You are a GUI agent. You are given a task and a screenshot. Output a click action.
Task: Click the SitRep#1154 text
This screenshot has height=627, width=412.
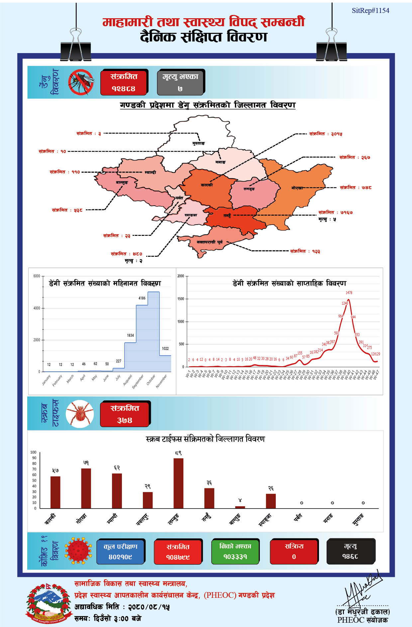pyautogui.click(x=370, y=11)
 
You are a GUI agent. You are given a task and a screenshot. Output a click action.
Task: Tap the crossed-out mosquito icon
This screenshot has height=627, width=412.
pyautogui.click(x=81, y=82)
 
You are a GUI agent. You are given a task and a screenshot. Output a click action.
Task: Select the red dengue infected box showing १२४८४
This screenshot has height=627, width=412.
pyautogui.click(x=124, y=83)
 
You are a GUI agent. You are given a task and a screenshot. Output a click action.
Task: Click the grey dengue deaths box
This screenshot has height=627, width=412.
pyautogui.click(x=180, y=83)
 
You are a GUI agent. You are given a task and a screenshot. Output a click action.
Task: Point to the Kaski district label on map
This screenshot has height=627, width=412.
pyautogui.click(x=206, y=185)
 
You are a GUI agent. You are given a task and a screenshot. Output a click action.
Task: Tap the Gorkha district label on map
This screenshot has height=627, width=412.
pyautogui.click(x=297, y=188)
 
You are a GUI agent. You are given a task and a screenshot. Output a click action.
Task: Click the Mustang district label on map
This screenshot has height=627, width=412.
pyautogui.click(x=198, y=143)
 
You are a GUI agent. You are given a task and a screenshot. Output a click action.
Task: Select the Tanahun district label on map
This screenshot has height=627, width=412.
pyautogui.click(x=227, y=216)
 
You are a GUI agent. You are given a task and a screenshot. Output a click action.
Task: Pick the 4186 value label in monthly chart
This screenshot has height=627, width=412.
pyautogui.click(x=142, y=298)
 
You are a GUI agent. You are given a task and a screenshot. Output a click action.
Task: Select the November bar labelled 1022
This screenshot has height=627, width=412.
pyautogui.click(x=165, y=363)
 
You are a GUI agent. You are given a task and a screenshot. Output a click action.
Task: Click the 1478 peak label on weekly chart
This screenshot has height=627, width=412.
pyautogui.click(x=349, y=293)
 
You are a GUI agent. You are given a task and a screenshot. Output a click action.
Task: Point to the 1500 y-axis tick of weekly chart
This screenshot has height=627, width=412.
pyautogui.click(x=181, y=299)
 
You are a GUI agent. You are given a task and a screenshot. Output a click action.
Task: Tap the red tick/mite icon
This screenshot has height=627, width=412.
pyautogui.click(x=80, y=414)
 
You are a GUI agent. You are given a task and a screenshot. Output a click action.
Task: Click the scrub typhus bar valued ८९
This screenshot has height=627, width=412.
pyautogui.click(x=178, y=483)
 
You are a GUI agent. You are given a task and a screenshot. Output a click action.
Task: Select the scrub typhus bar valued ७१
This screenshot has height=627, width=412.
pyautogui.click(x=86, y=488)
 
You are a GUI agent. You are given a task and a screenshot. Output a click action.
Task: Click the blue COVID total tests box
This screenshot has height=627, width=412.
pyautogui.click(x=120, y=551)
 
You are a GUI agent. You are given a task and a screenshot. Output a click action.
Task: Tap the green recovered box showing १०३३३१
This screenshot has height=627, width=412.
pyautogui.click(x=235, y=551)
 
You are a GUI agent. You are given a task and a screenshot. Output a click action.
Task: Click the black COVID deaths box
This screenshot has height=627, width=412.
pyautogui.click(x=350, y=551)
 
